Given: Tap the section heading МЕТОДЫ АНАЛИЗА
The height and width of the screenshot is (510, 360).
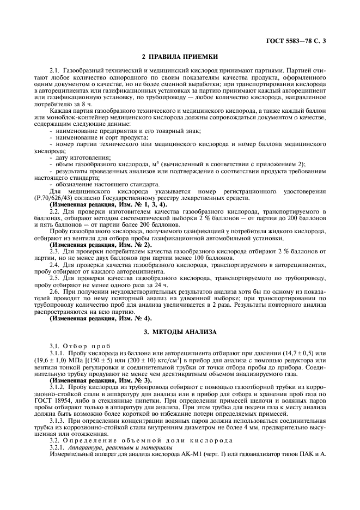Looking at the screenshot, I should point(184,332).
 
